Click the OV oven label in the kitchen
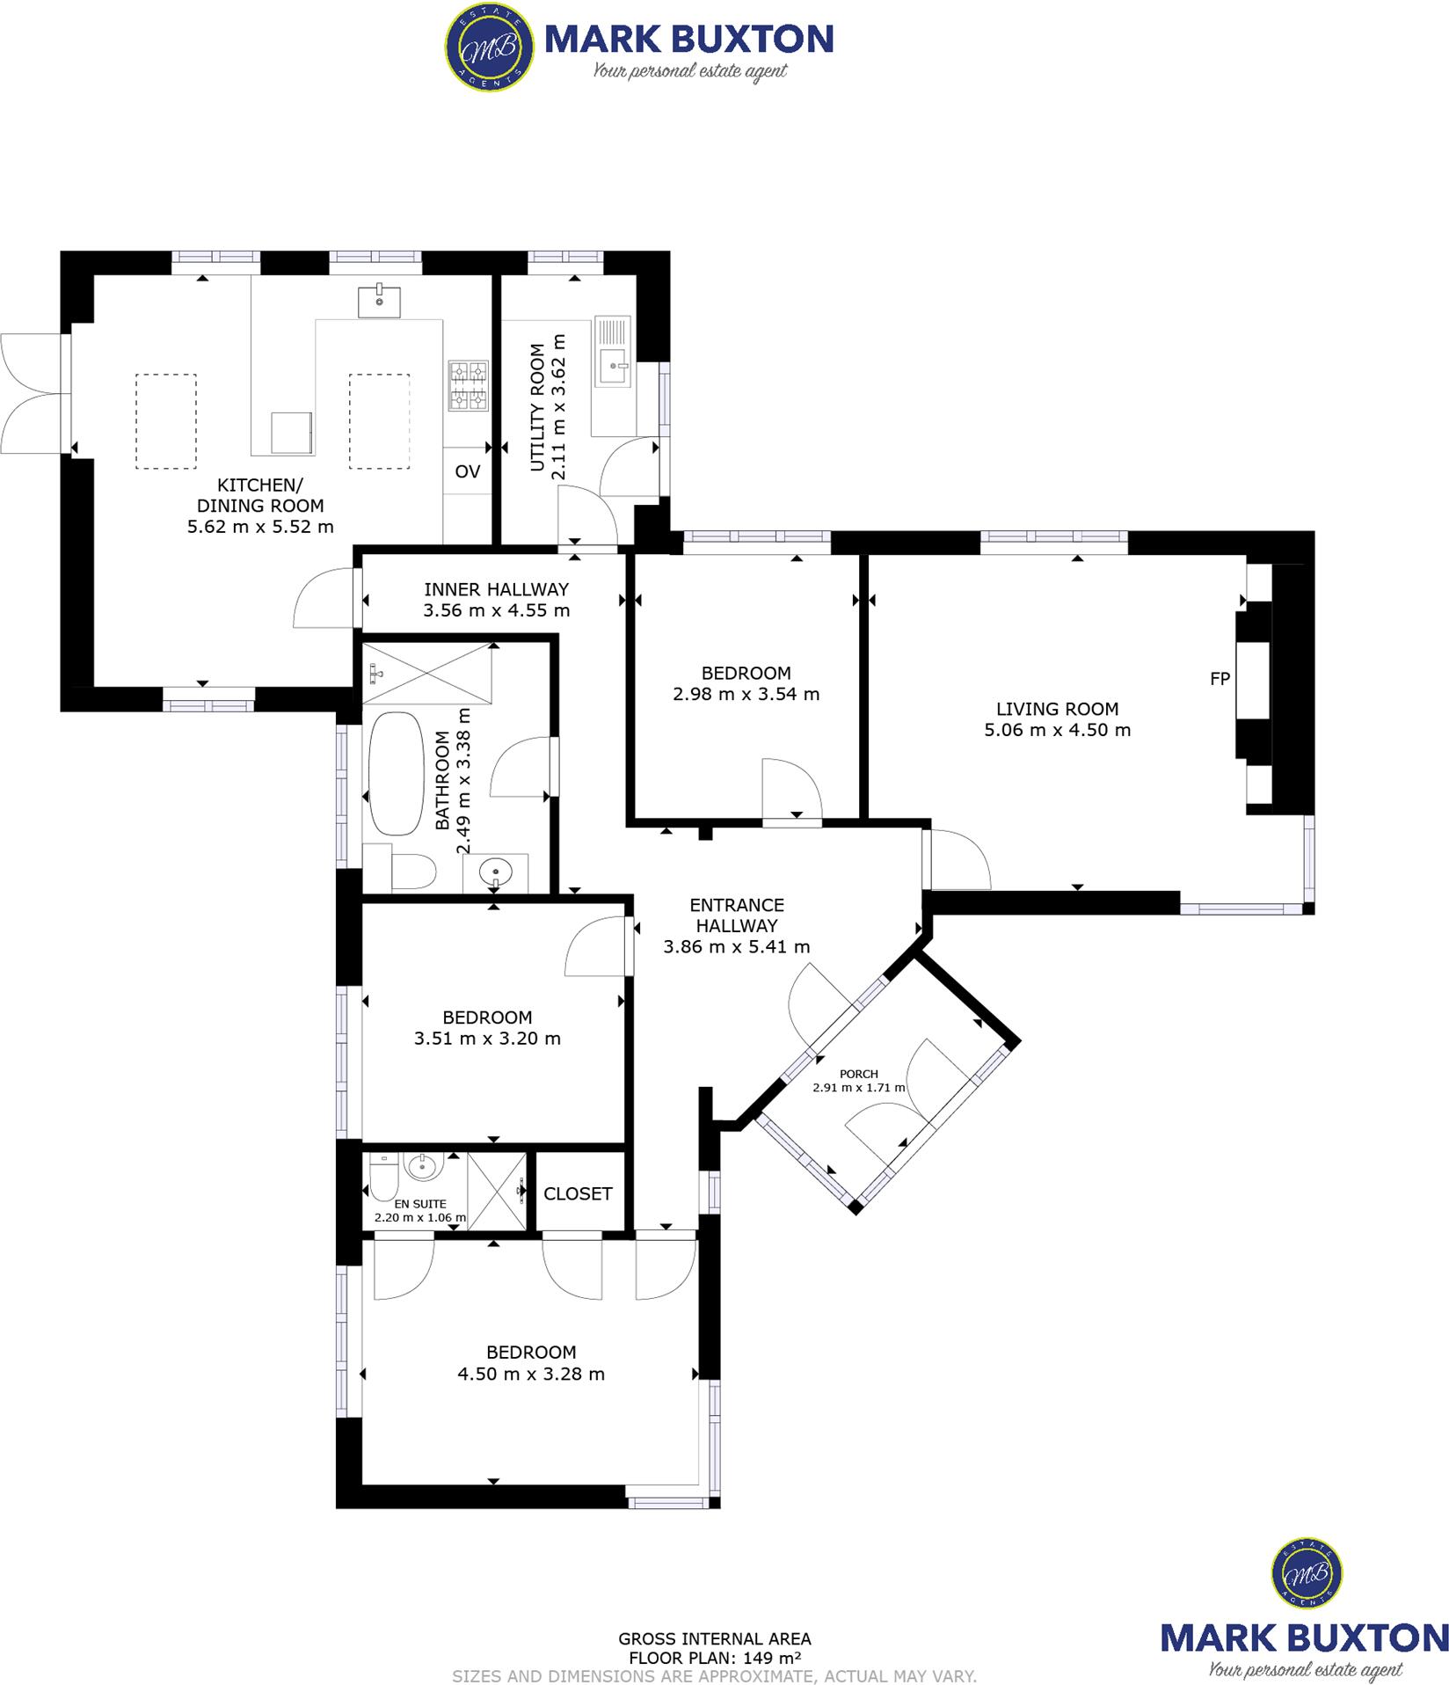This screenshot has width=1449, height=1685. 468,471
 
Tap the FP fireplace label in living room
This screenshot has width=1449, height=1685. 1220,678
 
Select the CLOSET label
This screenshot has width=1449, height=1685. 578,1193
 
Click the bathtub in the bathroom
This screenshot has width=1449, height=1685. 396,774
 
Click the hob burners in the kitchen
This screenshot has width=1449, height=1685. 468,385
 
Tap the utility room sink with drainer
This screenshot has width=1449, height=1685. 613,352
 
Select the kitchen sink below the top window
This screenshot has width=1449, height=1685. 380,301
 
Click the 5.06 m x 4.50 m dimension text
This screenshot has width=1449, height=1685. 1057,729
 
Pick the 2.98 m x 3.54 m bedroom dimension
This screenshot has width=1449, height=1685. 746,693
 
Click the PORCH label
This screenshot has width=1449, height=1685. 858,1073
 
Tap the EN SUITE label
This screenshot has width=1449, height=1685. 419,1203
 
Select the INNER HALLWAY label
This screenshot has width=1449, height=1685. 496,589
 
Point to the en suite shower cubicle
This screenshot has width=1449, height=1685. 497,1191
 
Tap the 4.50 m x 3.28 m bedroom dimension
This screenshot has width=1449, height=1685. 531,1374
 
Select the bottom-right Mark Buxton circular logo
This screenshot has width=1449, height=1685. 1307,1571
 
